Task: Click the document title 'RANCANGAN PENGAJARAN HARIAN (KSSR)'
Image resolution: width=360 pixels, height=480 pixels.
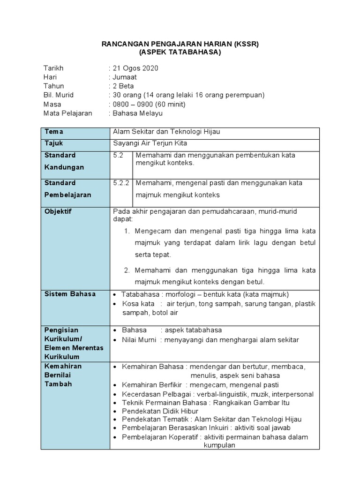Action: click(x=180, y=44)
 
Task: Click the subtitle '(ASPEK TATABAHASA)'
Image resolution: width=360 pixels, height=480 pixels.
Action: click(x=180, y=52)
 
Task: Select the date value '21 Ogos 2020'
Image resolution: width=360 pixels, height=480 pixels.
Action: click(x=135, y=68)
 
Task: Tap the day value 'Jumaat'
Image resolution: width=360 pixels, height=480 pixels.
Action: click(x=124, y=77)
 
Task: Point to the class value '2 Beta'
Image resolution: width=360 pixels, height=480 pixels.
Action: click(x=122, y=86)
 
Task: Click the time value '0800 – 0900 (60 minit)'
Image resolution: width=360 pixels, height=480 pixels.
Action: click(x=149, y=104)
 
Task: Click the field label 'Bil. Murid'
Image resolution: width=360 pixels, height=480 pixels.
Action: click(x=59, y=95)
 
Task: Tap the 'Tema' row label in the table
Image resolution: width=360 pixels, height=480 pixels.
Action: click(x=54, y=132)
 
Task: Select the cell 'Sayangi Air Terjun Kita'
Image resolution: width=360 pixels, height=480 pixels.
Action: click(x=150, y=143)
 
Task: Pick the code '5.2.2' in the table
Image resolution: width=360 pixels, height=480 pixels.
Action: click(x=122, y=183)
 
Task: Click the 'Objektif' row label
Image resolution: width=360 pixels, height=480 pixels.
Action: click(x=58, y=211)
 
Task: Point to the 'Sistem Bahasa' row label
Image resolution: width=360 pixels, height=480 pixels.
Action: click(x=70, y=294)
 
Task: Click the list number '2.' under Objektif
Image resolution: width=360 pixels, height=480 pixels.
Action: click(x=127, y=270)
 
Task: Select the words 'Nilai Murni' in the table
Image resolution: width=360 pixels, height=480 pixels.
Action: click(x=140, y=340)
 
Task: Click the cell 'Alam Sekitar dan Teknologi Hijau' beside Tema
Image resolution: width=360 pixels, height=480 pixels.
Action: click(x=166, y=132)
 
